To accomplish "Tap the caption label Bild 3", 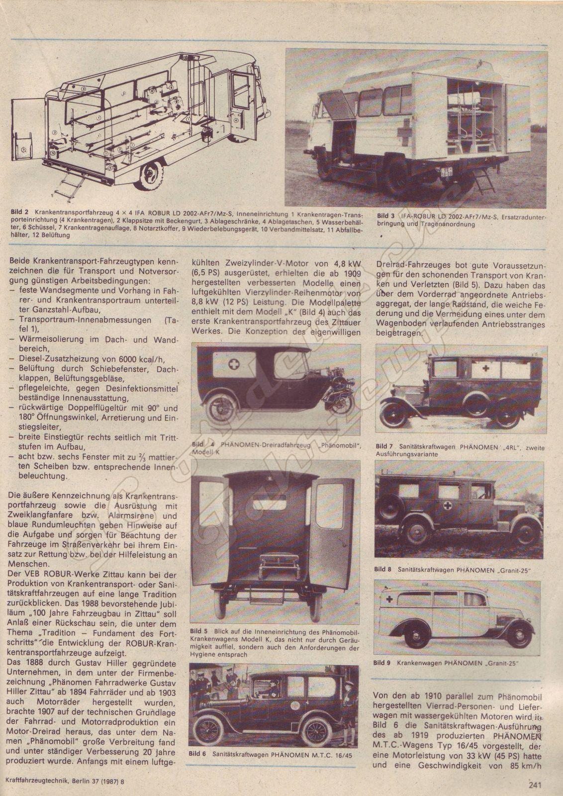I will tap(386, 216).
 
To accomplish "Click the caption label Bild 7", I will tap(385, 446).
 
